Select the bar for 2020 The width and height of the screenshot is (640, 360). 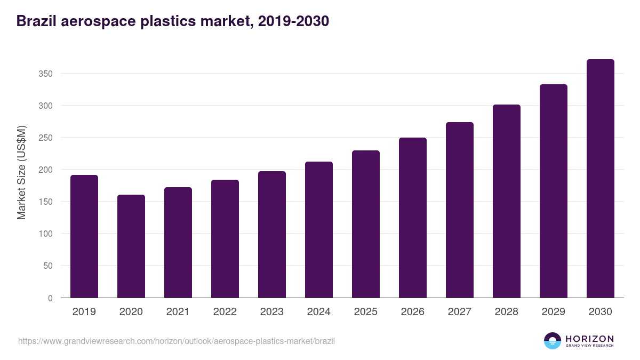[131, 246]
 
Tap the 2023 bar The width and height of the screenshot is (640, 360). [272, 234]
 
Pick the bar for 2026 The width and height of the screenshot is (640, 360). [413, 218]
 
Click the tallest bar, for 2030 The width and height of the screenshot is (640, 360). [601, 179]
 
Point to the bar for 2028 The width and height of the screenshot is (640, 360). [507, 201]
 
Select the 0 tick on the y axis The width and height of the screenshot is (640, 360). [50, 298]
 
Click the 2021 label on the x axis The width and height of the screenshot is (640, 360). [178, 312]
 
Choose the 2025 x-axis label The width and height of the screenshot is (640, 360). [366, 312]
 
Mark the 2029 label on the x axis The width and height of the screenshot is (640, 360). [554, 312]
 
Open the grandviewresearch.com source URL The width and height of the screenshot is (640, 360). [177, 341]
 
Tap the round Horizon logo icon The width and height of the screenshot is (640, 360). [553, 341]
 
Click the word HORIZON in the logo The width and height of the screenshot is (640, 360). [589, 339]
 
